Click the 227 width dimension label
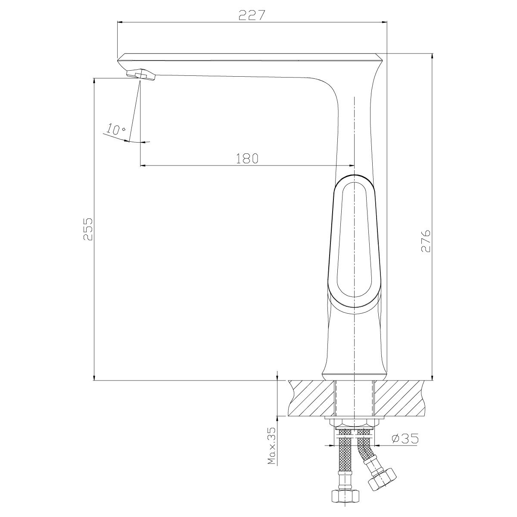pyautogui.click(x=252, y=15)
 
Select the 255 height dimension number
pyautogui.click(x=88, y=229)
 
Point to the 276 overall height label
pyautogui.click(x=426, y=240)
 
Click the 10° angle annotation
pyautogui.click(x=116, y=129)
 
